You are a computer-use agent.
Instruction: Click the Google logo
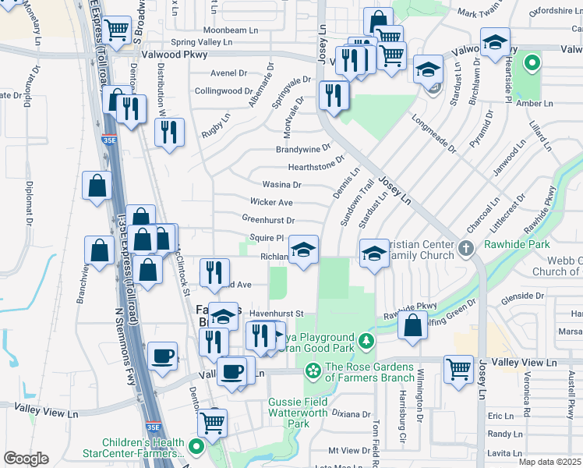26,459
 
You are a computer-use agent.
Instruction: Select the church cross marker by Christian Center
466,250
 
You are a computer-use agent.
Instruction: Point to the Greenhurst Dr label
268,221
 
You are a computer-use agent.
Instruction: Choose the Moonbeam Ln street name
231,30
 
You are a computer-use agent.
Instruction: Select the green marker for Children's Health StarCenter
196,448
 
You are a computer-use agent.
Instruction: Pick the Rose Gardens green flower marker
313,369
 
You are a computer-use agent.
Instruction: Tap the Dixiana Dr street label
348,413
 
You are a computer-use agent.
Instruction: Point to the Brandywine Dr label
303,148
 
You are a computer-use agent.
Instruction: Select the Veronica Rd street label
527,395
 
